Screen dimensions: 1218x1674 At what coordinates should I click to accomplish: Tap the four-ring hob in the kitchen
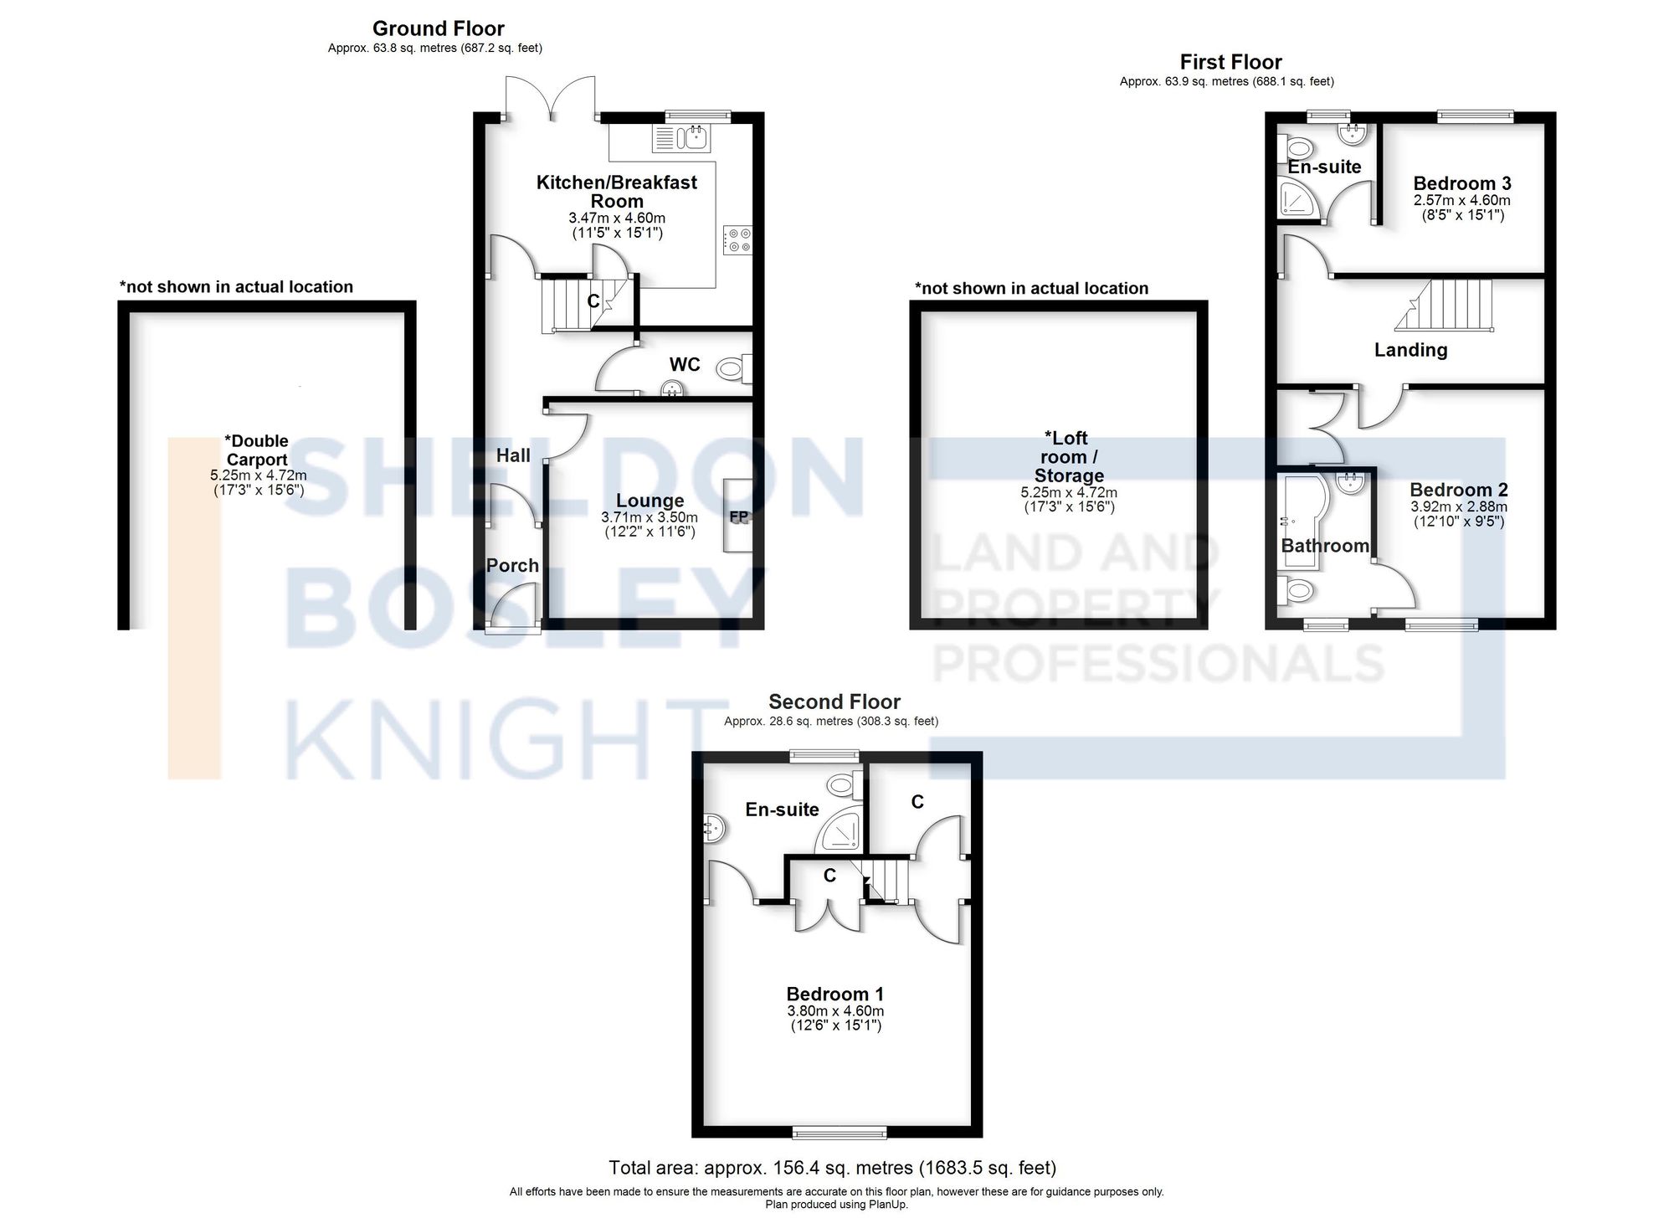737,239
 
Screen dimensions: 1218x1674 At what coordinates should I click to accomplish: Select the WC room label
684,364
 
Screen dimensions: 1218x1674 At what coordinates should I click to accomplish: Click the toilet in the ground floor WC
734,367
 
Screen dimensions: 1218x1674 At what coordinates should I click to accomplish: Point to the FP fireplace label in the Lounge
738,517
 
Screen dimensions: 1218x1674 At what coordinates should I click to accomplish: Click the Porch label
512,566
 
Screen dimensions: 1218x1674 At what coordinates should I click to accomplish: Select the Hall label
513,455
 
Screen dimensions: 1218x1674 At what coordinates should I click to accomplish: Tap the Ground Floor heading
438,28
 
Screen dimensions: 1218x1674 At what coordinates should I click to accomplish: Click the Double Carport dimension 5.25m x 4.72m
258,475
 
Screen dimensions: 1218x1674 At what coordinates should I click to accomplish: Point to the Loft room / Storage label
1068,456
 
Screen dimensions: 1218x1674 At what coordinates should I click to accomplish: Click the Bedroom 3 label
1461,183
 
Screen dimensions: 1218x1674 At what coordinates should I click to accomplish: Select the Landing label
1410,350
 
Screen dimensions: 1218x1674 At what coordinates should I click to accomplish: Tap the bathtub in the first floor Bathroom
1298,519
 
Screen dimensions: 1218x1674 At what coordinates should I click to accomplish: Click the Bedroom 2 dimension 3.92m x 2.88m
1458,506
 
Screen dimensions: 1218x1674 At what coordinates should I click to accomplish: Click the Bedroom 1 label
834,994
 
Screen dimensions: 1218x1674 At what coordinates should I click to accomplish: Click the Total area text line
832,1167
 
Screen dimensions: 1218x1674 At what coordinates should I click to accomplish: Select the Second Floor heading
834,702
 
